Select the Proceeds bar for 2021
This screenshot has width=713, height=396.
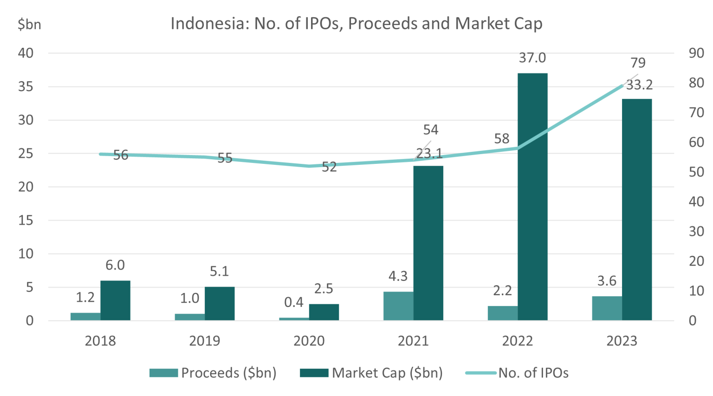[x=398, y=306]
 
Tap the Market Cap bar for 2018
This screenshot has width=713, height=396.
[x=115, y=300]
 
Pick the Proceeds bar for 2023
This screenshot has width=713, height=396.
[x=607, y=308]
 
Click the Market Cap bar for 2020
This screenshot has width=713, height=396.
[x=324, y=312]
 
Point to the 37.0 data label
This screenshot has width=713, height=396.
[x=532, y=58]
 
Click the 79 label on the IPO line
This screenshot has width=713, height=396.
[x=638, y=63]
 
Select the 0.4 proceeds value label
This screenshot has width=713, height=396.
[x=294, y=302]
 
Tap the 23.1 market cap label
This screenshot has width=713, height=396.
[x=429, y=154]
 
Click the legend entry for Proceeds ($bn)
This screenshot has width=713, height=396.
[x=213, y=373]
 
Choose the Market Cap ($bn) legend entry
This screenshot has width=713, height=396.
[x=371, y=373]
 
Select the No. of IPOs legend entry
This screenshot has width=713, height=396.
[x=517, y=373]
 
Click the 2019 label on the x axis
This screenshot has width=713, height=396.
[x=205, y=341]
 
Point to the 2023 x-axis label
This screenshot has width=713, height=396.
[x=622, y=341]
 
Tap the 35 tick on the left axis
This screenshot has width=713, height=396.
[x=26, y=87]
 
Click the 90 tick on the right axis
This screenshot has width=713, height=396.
[x=696, y=53]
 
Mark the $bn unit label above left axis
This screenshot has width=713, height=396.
[x=29, y=24]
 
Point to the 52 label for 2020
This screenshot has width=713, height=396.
[x=329, y=167]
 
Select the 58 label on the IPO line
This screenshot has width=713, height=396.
[x=502, y=138]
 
